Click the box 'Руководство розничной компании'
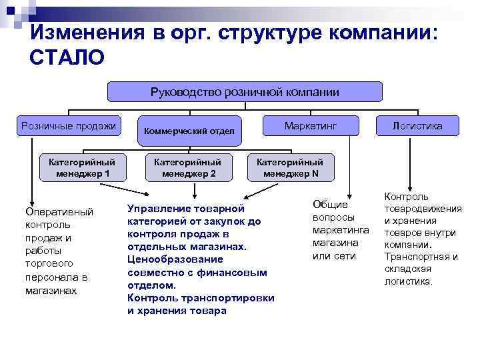point(245,91)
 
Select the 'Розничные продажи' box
point(69,125)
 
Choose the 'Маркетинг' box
point(311,125)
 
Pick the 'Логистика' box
point(417,125)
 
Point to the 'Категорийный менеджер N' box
point(290,167)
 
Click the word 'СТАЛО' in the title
point(67,59)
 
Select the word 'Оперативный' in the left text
point(59,212)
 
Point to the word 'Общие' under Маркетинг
point(331,205)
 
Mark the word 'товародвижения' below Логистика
point(423,209)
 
